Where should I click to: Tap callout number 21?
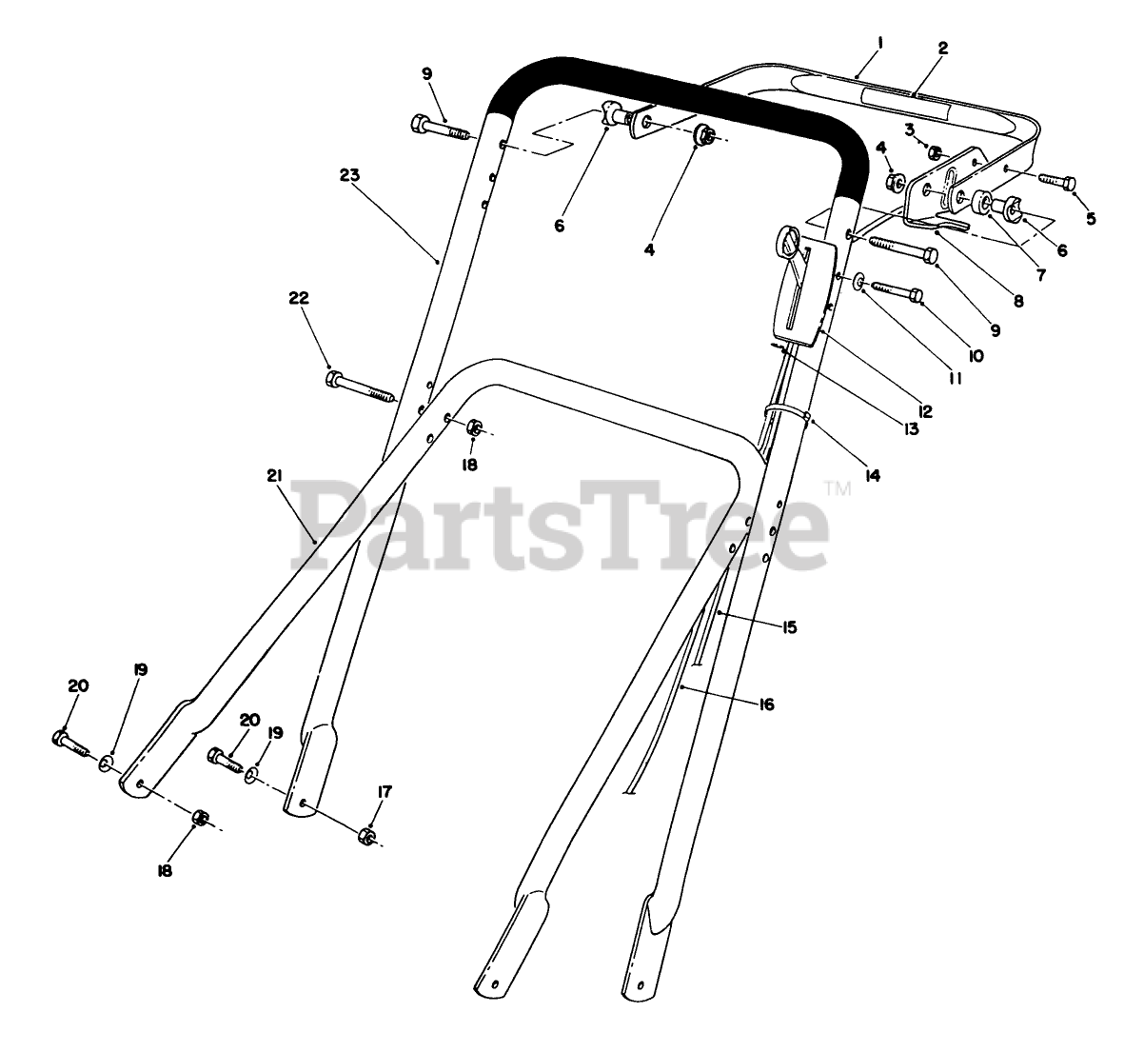(x=275, y=476)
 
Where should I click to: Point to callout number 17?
(x=384, y=791)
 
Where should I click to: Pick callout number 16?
(x=767, y=705)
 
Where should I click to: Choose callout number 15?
(x=789, y=627)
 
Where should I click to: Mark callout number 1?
(x=881, y=42)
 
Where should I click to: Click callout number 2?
(x=943, y=48)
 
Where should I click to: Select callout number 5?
(x=1091, y=218)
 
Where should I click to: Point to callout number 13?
(x=911, y=429)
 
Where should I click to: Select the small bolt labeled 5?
(x=1055, y=180)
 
